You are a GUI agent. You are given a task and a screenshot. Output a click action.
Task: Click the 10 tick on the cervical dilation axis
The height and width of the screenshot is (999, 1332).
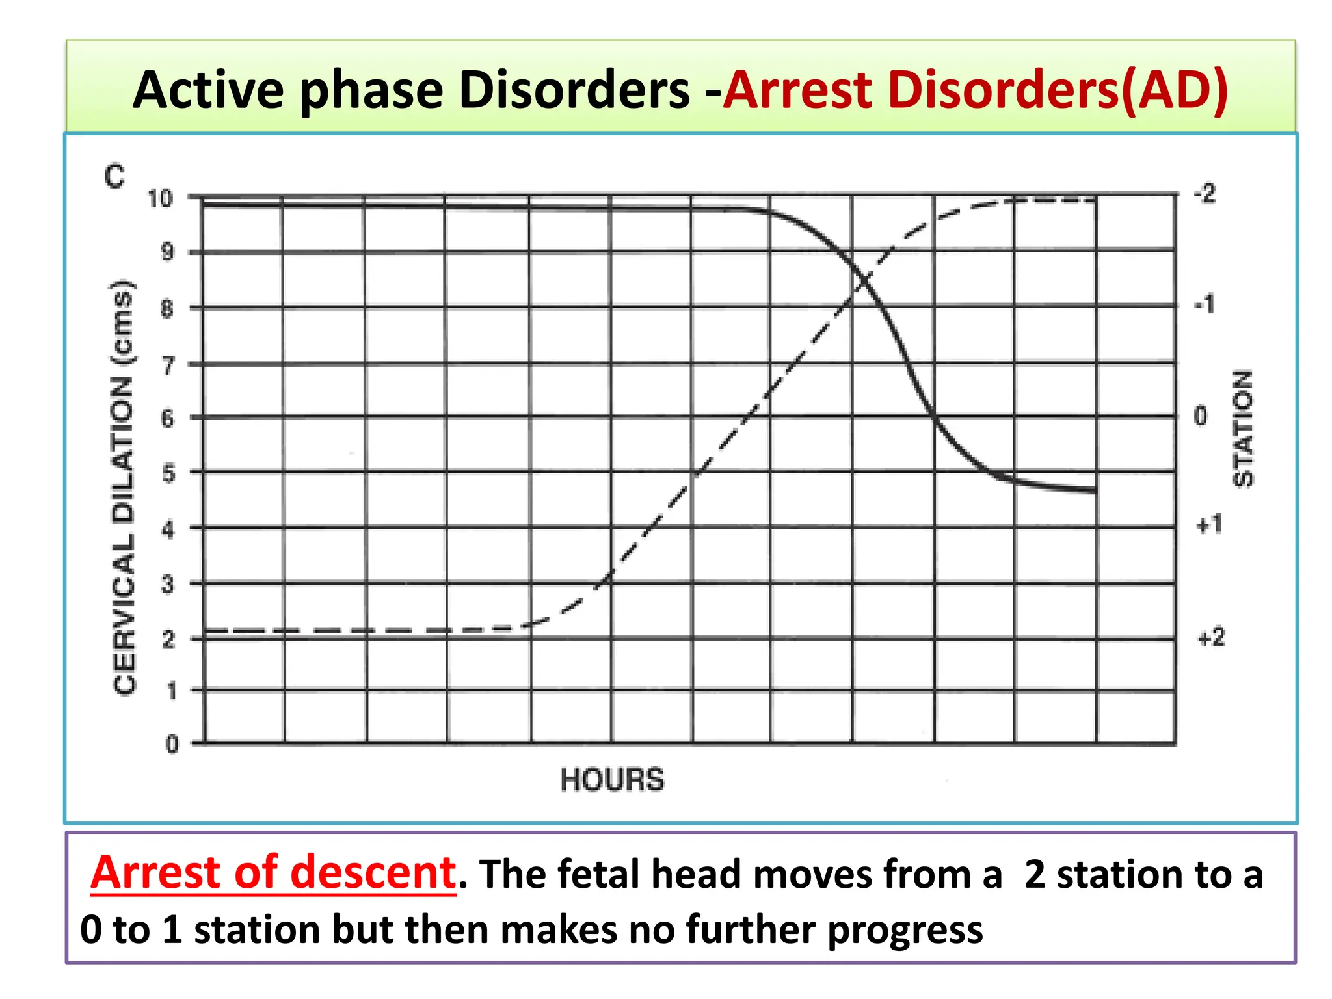[x=160, y=198]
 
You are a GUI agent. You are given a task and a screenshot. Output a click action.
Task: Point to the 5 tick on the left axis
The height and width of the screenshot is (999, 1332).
[x=168, y=473]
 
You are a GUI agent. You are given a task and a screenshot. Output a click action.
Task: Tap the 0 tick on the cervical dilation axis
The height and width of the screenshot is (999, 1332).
[x=172, y=743]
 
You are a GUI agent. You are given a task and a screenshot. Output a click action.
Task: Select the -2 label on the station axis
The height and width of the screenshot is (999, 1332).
[x=1205, y=194]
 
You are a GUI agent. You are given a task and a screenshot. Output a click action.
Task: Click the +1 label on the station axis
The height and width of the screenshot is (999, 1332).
[x=1209, y=524]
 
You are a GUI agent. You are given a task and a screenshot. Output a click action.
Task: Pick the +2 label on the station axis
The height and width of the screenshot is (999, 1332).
[x=1211, y=637]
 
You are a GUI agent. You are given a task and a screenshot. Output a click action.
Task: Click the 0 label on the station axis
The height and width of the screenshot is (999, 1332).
[x=1201, y=416]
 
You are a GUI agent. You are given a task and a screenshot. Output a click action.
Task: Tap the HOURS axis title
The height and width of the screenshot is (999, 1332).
[x=612, y=779]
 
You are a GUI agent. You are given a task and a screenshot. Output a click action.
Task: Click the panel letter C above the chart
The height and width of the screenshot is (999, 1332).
[x=114, y=176]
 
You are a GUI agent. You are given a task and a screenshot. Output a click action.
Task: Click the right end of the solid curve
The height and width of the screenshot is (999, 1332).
[x=1095, y=491]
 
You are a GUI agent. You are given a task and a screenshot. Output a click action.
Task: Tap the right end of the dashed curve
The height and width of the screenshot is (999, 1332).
[x=1095, y=200]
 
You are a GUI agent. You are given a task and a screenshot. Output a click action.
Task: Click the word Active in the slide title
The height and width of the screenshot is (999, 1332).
[x=208, y=90]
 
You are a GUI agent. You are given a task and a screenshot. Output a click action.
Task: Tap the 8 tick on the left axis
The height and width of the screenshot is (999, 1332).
[x=168, y=309]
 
